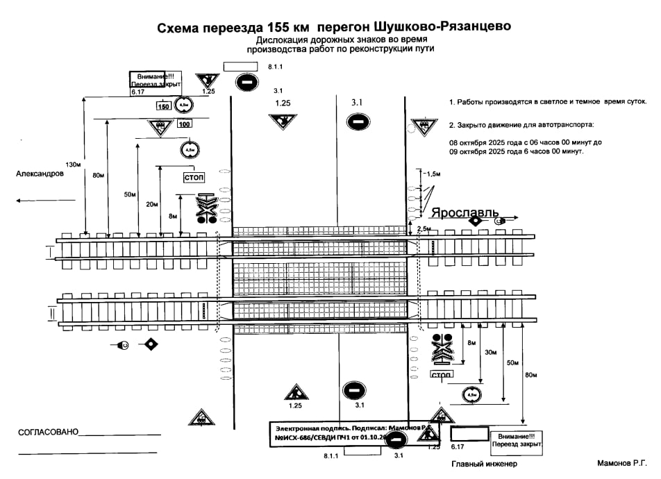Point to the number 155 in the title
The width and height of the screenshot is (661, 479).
point(278,28)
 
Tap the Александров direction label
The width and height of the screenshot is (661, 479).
point(40,174)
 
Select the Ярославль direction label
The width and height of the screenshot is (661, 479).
point(465,212)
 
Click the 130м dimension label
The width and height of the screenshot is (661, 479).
point(73,165)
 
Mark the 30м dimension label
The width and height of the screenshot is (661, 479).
point(491,353)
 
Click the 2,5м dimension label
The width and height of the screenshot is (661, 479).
point(424,228)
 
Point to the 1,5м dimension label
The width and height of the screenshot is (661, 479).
point(433,173)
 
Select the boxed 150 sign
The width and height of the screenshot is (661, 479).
point(163,106)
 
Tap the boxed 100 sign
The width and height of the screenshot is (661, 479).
point(184,124)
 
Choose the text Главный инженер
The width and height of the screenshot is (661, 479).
point(485,464)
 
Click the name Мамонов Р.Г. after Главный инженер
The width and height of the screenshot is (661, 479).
point(622,462)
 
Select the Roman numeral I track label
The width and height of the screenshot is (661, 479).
point(49,251)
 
